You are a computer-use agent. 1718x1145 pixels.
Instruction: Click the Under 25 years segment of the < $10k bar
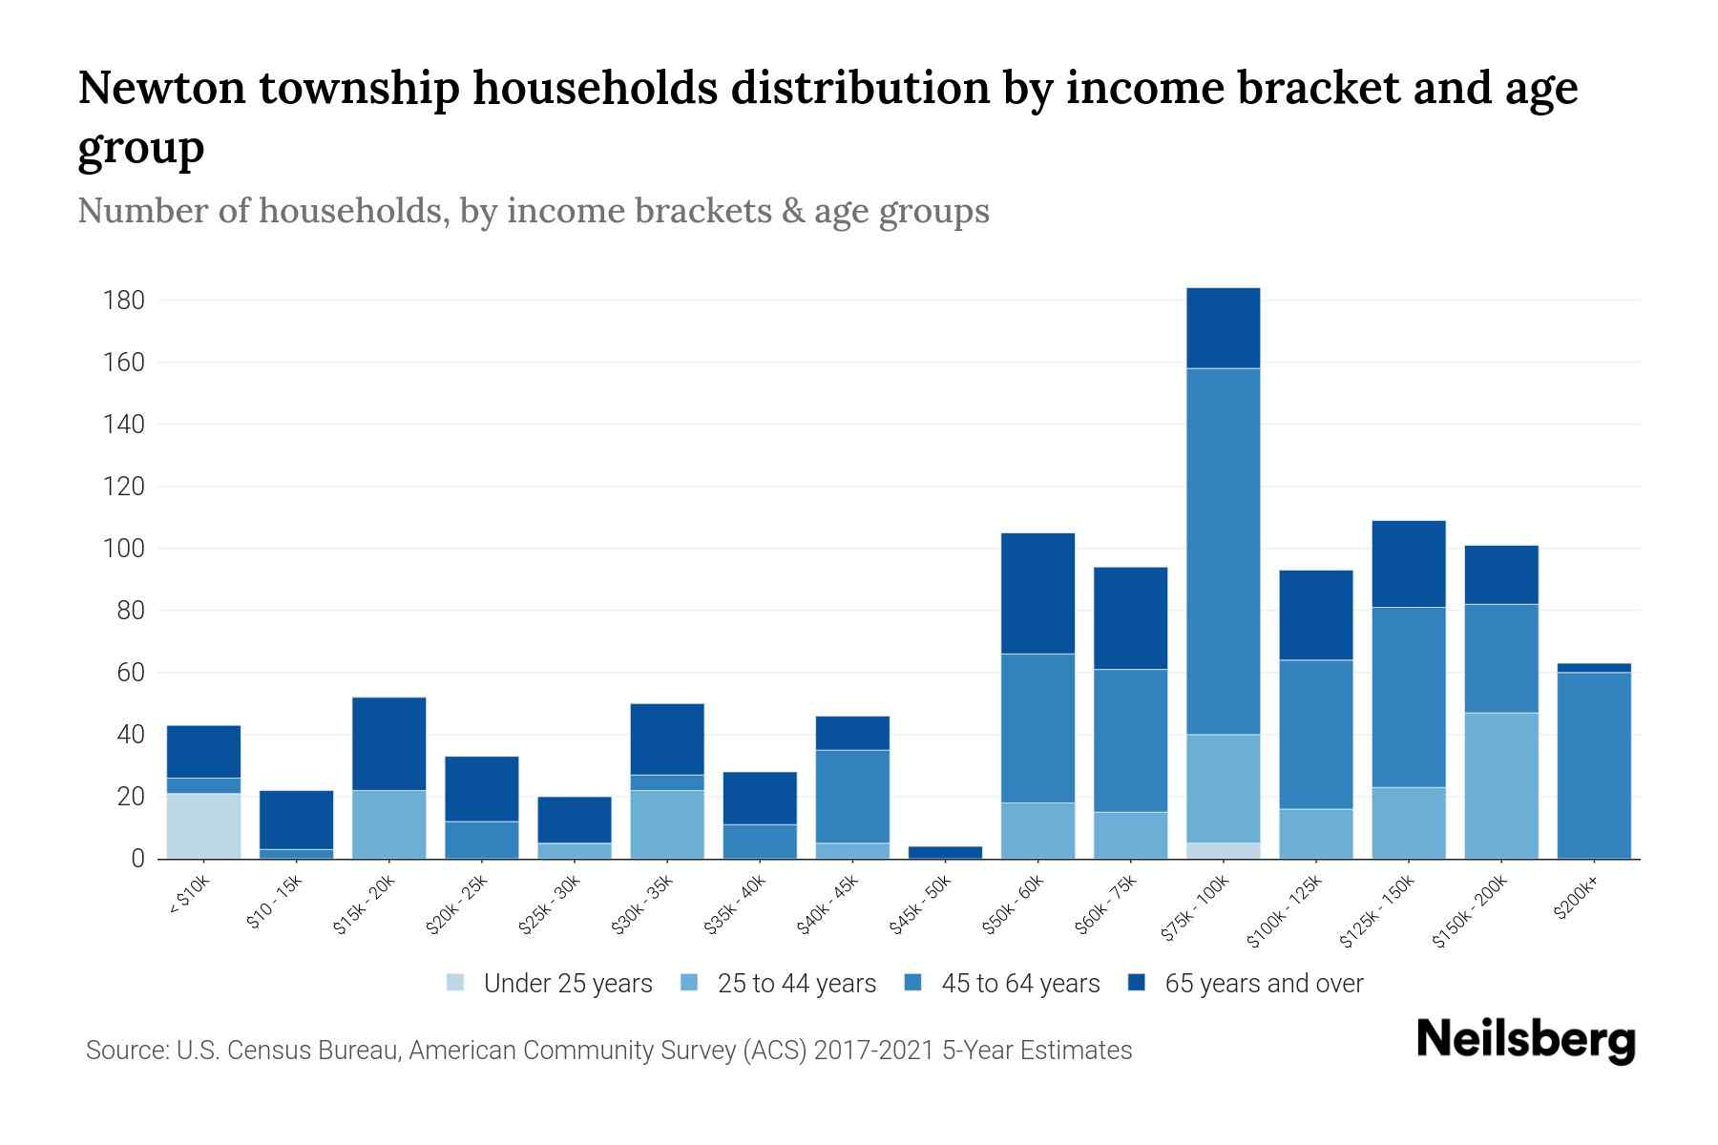coord(203,825)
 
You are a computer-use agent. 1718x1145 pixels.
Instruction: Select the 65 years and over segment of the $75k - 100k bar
coord(1223,327)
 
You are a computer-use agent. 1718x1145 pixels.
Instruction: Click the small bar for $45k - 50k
coord(945,852)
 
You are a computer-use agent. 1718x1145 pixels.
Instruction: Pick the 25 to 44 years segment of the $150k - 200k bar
coord(1500,785)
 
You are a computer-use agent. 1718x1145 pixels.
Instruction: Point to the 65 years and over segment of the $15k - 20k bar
coord(388,743)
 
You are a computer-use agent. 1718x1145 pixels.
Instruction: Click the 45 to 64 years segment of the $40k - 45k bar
coord(852,796)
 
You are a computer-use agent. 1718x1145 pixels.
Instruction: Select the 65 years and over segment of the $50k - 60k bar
coord(1037,593)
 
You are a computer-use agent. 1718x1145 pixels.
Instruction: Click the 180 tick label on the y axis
coord(123,301)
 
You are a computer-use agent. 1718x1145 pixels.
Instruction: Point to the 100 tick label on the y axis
coord(123,549)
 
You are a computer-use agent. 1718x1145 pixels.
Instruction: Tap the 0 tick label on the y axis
coord(137,859)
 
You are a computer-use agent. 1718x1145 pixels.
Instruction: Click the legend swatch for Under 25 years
coord(455,983)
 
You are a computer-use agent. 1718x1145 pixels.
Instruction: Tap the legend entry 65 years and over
coord(1263,984)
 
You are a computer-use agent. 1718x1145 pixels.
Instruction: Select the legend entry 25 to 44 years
coord(796,984)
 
